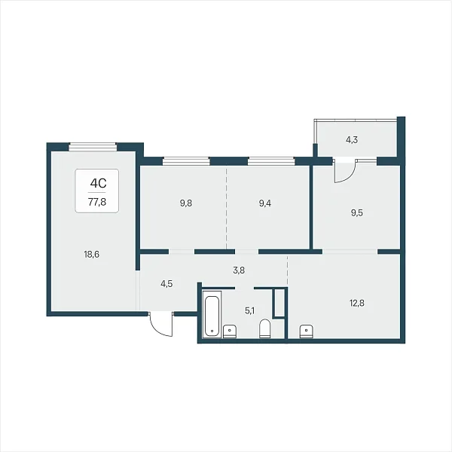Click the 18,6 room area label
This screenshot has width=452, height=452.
92,255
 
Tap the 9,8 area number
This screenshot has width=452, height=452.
186,203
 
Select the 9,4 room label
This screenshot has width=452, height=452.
265,203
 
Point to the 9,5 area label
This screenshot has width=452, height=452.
356,213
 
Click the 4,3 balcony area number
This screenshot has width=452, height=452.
352,140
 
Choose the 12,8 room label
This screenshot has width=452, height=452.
357,303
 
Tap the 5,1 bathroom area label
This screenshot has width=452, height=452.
249,311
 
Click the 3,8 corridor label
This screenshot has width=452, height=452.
239,270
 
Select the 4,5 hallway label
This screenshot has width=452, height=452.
166,284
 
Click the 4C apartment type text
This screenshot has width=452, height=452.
98,183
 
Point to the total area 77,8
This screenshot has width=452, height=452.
97,202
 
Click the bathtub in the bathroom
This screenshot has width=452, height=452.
212,313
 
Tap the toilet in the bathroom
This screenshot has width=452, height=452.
264,328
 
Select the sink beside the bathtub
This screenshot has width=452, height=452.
230,331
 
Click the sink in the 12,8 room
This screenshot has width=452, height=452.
307,331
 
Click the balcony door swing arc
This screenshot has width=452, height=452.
348,177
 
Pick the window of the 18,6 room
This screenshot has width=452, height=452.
93,147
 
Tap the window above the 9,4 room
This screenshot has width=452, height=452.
271,161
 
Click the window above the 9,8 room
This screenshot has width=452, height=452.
186,161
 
